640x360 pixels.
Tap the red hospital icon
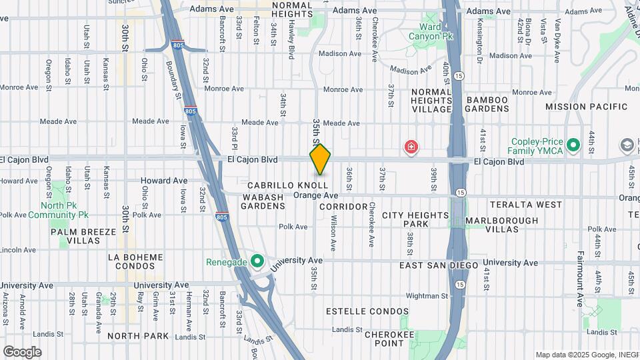click(x=411, y=147)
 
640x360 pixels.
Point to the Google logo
click(x=22, y=351)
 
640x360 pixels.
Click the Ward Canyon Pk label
click(x=431, y=32)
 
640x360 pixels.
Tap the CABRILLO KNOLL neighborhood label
click(x=287, y=185)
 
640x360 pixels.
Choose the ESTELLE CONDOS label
click(x=367, y=311)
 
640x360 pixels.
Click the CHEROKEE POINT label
click(x=384, y=338)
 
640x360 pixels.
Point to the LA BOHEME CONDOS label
click(x=135, y=262)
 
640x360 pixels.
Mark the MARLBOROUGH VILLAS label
click(x=502, y=225)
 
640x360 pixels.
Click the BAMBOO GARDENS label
click(x=487, y=105)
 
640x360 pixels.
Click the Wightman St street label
click(x=427, y=295)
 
